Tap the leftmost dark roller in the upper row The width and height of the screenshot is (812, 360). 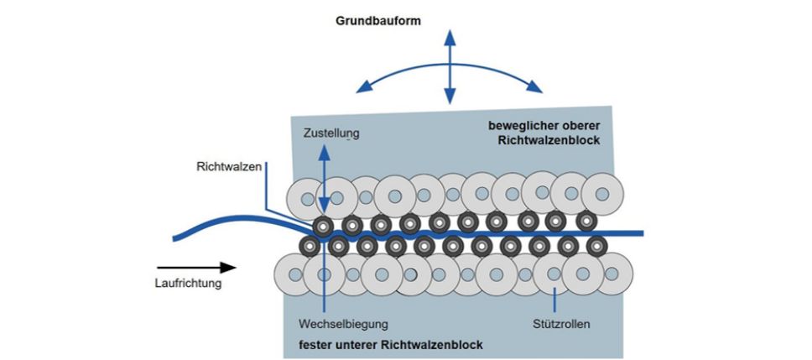(322, 225)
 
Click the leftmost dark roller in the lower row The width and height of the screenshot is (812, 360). (309, 246)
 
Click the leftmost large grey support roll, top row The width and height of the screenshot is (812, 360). (304, 198)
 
